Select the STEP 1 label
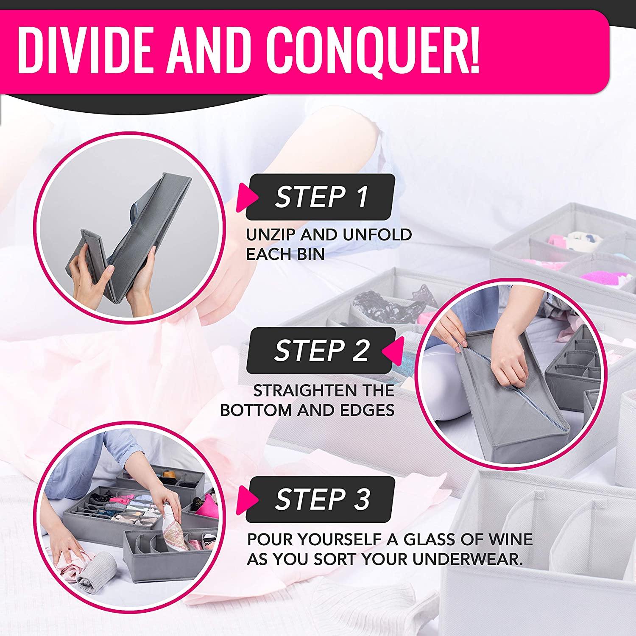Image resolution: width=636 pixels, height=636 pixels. (321, 197)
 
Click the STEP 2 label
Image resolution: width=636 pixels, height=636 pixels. (321, 350)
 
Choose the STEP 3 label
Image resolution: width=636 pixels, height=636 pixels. (322, 499)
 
